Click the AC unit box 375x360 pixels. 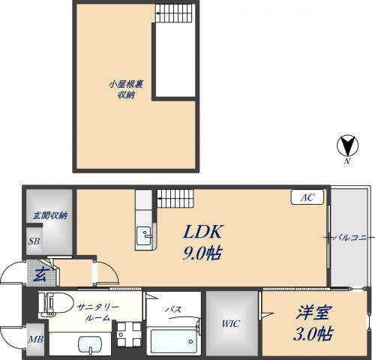click(307, 197)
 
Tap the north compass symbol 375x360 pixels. click(347, 145)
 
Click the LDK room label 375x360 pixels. click(202, 232)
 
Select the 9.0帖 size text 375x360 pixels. click(202, 253)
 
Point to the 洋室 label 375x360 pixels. click(314, 312)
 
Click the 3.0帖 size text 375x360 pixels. click(313, 334)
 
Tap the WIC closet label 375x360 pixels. click(231, 324)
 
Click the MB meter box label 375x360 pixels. click(35, 339)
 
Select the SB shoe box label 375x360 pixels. click(34, 241)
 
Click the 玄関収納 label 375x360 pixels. click(50, 215)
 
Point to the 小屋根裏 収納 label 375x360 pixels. click(126, 89)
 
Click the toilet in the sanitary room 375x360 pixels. click(55, 303)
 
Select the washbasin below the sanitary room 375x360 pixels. click(90, 345)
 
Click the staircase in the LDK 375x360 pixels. click(175, 199)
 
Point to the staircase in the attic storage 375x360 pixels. click(175, 13)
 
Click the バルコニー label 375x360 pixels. click(350, 237)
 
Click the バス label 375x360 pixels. click(173, 309)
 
